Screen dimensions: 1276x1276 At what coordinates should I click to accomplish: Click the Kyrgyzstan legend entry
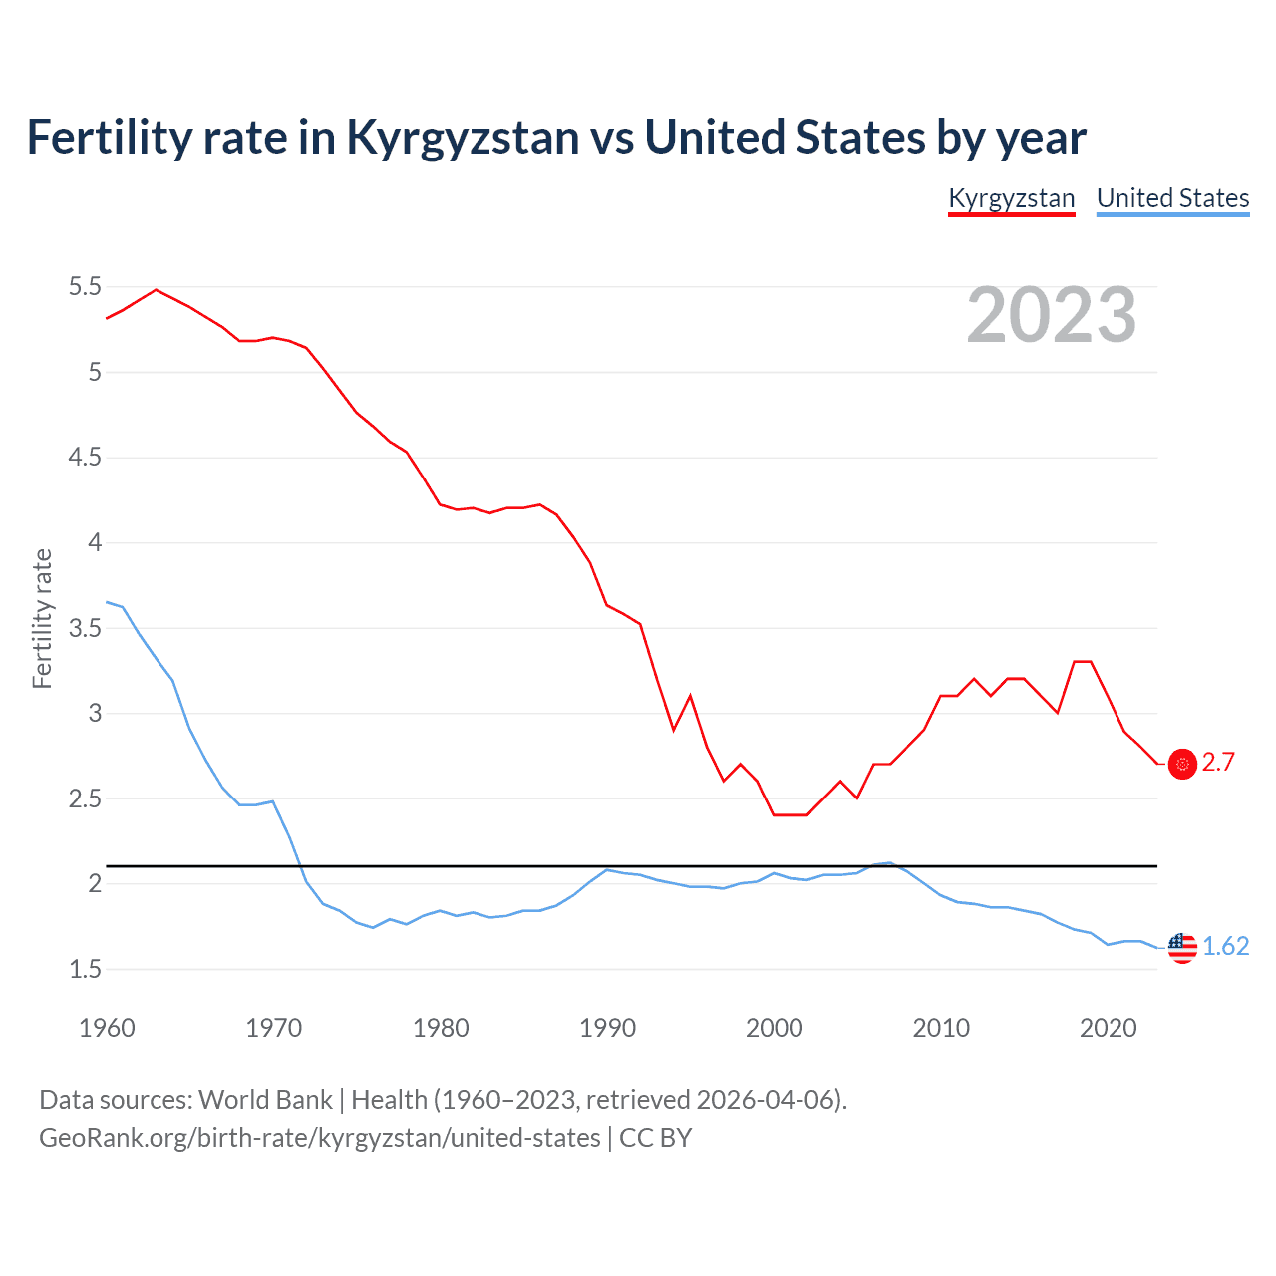(1011, 198)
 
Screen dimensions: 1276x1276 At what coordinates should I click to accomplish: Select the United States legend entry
(1172, 198)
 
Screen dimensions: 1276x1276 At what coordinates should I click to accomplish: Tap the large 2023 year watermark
(1052, 315)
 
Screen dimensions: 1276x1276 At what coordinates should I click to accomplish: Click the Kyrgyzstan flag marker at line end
(1182, 764)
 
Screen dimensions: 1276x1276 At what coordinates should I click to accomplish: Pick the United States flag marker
(1182, 947)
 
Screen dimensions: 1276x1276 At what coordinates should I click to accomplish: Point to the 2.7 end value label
(1218, 763)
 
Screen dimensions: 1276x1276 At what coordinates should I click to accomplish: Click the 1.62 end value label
(1225, 946)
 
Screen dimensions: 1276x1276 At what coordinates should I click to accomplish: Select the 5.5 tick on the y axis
(85, 287)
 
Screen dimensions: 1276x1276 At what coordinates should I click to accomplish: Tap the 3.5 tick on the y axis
(85, 628)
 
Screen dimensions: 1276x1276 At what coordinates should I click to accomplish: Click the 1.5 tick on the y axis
(85, 969)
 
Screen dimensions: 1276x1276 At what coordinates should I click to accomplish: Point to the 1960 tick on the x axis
(107, 1028)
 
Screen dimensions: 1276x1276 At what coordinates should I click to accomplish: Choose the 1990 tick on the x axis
(607, 1028)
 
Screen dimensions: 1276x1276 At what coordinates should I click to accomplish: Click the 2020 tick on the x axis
(1108, 1028)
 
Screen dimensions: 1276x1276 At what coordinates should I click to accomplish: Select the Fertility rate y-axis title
(42, 618)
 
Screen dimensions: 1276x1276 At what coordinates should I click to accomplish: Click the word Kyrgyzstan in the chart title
(463, 138)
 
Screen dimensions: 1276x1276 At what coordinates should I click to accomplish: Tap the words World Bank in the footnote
(265, 1100)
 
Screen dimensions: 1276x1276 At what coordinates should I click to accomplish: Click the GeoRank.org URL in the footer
(319, 1138)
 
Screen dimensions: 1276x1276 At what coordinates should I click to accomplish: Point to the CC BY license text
(656, 1138)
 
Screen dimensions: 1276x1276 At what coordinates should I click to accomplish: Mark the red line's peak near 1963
(156, 290)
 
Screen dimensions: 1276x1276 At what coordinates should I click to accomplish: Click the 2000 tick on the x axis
(774, 1028)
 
